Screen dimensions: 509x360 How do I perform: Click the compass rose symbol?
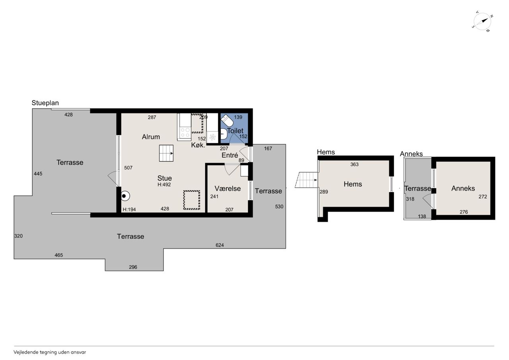pyautogui.click(x=482, y=21)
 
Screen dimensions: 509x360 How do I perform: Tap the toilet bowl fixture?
pyautogui.click(x=227, y=121)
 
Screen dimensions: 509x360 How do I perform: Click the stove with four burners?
pyautogui.click(x=185, y=132)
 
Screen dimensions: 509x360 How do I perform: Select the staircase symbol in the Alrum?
pyautogui.click(x=166, y=153)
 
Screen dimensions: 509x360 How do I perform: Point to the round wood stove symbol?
pyautogui.click(x=125, y=196)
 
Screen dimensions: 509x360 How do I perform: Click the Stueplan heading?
pyautogui.click(x=45, y=103)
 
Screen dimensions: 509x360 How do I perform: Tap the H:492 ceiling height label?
pyautogui.click(x=164, y=185)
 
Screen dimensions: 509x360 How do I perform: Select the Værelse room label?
pyautogui.click(x=228, y=189)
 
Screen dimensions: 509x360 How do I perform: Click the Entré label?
pyautogui.click(x=230, y=155)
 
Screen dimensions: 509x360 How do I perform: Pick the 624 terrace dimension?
pyautogui.click(x=220, y=245)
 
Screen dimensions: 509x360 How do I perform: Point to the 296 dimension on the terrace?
pyautogui.click(x=133, y=267)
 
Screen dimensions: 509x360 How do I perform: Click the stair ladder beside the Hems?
pyautogui.click(x=306, y=180)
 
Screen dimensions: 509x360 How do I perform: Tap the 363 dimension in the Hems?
pyautogui.click(x=354, y=164)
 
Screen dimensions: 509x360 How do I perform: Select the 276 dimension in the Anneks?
pyautogui.click(x=464, y=212)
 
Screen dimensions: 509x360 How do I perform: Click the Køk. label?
pyautogui.click(x=198, y=145)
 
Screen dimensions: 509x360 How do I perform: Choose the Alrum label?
pyautogui.click(x=151, y=137)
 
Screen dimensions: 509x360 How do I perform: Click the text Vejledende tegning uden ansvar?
pyautogui.click(x=50, y=352)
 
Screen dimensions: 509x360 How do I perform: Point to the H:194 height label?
pyautogui.click(x=129, y=210)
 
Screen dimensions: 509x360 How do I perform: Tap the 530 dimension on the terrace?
pyautogui.click(x=279, y=206)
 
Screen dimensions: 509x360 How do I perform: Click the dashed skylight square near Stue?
pyautogui.click(x=192, y=200)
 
